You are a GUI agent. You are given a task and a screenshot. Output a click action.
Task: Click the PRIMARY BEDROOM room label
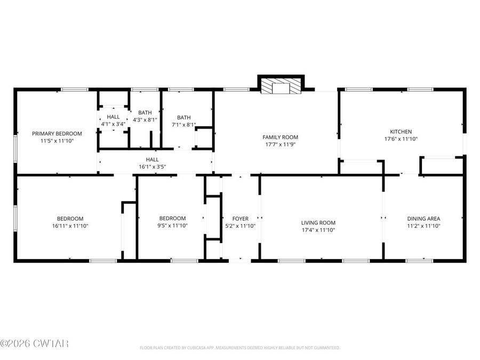coord(57,133)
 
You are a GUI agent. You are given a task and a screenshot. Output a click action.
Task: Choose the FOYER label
coord(240,219)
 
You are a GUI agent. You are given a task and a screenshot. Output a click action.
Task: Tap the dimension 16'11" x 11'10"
coord(70,226)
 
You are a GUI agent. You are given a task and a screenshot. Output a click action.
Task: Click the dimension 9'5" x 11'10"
coord(172,226)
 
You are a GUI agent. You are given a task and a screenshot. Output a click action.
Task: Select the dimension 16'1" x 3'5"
coord(152,167)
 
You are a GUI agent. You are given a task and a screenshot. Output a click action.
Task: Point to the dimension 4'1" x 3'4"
coord(113,124)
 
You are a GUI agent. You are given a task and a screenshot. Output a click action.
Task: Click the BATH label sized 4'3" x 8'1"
coord(145,113)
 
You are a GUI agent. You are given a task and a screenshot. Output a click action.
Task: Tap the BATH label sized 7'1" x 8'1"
coord(183,117)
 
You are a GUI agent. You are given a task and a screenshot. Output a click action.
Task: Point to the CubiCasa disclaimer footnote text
coord(239,348)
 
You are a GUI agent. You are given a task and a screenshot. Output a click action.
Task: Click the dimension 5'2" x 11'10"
coord(240,226)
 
